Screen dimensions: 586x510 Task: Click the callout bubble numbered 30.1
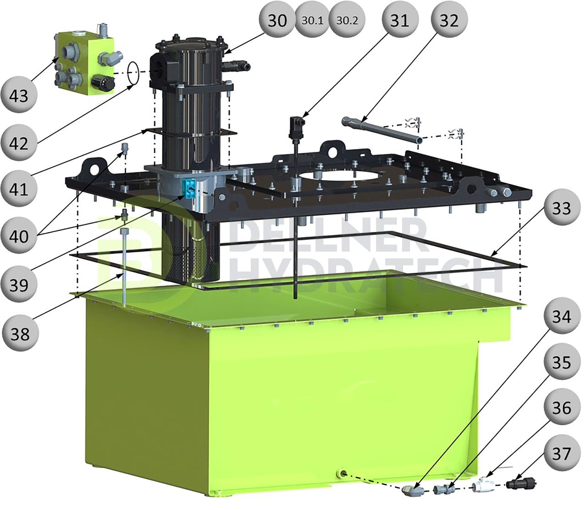click(x=312, y=21)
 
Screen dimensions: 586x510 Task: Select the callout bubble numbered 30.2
click(x=347, y=21)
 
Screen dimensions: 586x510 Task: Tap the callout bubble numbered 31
click(x=399, y=20)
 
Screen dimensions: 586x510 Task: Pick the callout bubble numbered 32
click(x=449, y=20)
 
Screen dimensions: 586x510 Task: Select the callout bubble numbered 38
click(x=19, y=333)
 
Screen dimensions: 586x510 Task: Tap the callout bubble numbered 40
click(x=19, y=236)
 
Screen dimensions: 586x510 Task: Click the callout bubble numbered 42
click(x=19, y=142)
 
